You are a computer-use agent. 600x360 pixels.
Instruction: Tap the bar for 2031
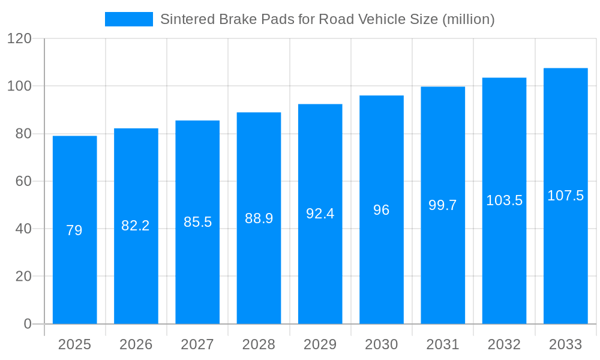tap(443, 270)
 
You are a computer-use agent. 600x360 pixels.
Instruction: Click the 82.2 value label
tap(136, 226)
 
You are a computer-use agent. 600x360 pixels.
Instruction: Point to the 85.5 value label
tap(197, 222)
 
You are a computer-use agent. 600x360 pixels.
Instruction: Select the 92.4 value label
tap(320, 214)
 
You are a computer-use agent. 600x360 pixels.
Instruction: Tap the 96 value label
tap(382, 210)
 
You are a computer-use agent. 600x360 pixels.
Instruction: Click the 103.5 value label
tap(504, 200)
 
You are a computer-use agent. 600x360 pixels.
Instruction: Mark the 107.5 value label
tap(565, 196)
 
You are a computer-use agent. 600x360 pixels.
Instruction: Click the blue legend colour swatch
tap(129, 19)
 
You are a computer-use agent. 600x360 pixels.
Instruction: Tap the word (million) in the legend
tap(468, 19)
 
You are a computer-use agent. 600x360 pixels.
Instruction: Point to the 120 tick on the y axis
tap(19, 38)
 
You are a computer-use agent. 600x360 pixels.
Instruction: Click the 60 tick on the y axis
tap(23, 181)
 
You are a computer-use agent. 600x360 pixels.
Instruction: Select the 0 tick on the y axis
tap(28, 324)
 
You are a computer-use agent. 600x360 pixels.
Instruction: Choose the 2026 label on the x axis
tap(136, 344)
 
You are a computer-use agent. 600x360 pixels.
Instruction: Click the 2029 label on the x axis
tap(320, 344)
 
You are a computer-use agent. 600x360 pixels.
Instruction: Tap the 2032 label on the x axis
tap(504, 344)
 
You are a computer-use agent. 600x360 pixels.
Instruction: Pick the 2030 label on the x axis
tap(382, 344)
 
